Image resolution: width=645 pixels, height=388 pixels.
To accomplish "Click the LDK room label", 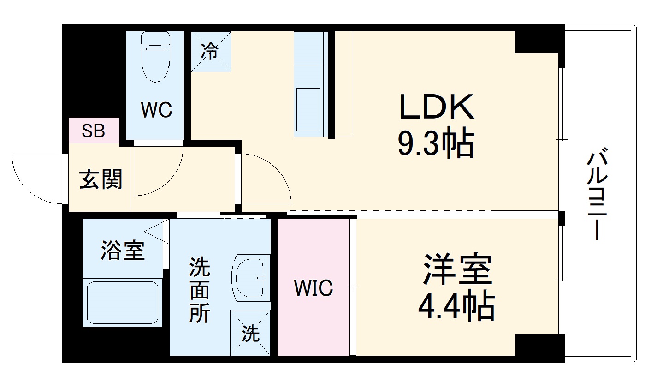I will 436,107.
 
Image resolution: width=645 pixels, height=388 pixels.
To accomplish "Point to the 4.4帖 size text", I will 456,306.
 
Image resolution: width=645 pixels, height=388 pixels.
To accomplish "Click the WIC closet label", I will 314,288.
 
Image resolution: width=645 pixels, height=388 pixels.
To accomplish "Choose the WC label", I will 156,110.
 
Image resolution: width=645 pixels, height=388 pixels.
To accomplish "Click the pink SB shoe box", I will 94,131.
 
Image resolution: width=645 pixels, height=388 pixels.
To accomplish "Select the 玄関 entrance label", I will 101,179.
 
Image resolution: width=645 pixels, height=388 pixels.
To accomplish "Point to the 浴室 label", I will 123,251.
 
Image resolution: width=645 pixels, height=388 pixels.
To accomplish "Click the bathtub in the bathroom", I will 123,303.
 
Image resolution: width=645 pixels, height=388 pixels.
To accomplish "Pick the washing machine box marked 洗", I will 250,333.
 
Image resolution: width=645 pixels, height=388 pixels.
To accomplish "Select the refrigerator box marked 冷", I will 211,51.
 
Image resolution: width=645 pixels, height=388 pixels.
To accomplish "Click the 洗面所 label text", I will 200,291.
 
